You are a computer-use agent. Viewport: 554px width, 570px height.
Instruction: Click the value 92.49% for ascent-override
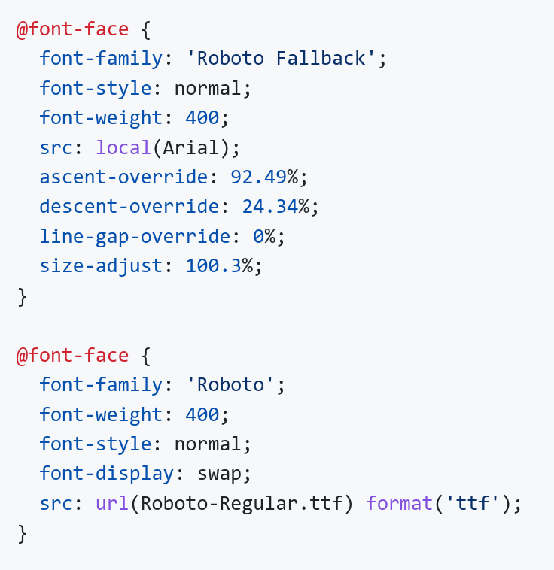264,177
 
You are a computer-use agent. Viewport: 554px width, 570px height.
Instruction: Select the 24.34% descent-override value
275,207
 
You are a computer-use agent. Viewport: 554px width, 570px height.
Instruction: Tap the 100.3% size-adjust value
219,265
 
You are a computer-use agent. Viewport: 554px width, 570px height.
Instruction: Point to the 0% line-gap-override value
264,236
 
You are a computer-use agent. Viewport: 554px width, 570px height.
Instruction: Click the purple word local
123,147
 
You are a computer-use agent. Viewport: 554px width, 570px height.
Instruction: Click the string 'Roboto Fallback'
281,58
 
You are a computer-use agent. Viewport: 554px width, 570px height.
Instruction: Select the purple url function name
112,504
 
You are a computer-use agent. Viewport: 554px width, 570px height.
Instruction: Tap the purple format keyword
399,504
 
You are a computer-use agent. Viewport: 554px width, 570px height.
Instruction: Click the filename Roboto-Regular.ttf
242,505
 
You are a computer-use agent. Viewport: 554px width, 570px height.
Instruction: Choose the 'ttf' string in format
472,504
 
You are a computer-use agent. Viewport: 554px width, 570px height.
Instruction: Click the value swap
220,474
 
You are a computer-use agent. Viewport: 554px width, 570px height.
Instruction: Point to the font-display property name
107,474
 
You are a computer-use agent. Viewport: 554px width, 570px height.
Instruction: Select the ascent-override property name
123,177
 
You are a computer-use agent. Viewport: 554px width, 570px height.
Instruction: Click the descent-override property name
129,207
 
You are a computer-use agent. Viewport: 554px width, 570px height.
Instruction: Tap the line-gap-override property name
135,237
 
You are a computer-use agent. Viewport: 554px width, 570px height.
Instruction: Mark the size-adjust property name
101,266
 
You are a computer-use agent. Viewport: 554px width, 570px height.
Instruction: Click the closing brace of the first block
22,297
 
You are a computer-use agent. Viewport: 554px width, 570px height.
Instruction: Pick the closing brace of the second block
22,534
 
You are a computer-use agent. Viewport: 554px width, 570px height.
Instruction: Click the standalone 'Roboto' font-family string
230,384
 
